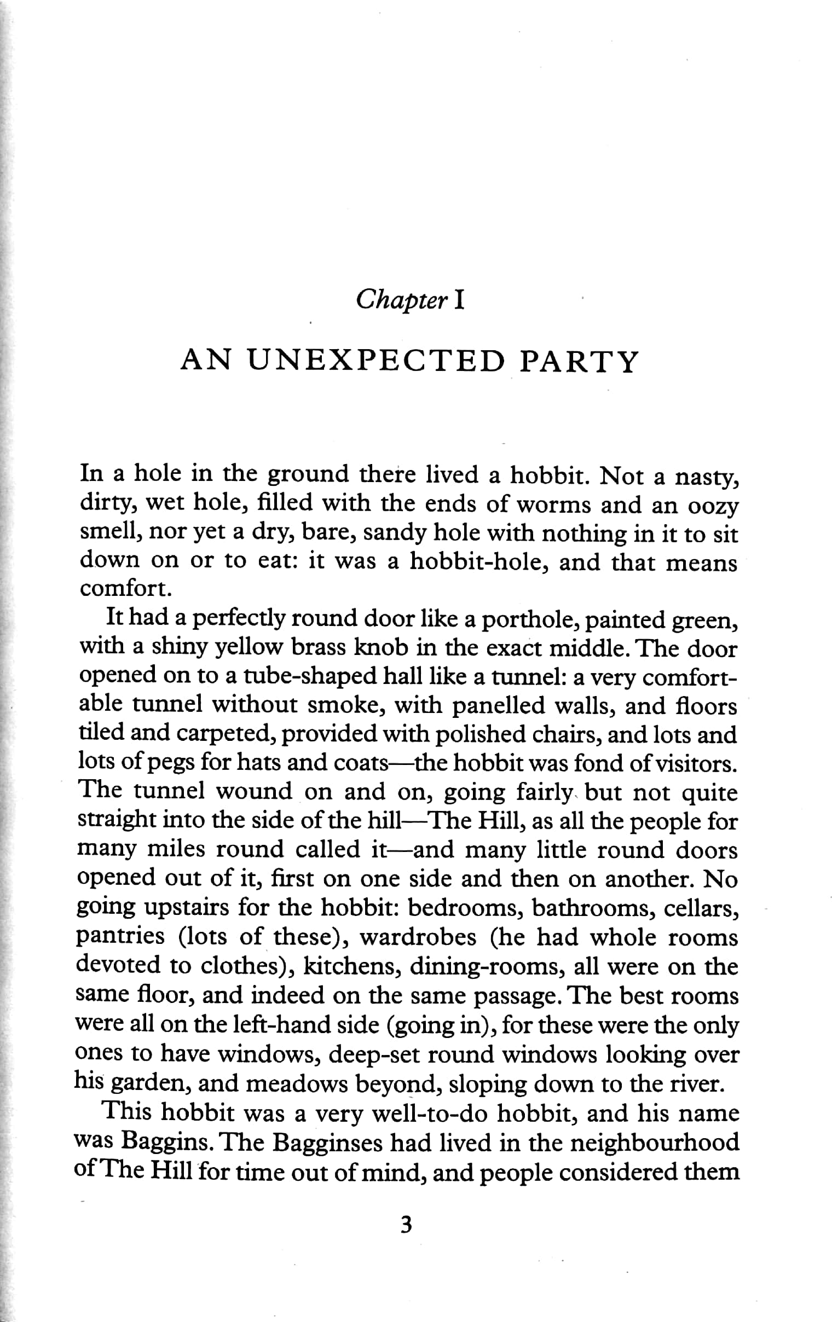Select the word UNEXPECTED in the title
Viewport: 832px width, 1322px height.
[x=375, y=362]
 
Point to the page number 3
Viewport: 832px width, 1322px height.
[x=406, y=1225]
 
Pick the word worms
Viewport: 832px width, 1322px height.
[x=554, y=505]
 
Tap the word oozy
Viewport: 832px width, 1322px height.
[x=712, y=506]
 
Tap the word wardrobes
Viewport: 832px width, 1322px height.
[x=418, y=937]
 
